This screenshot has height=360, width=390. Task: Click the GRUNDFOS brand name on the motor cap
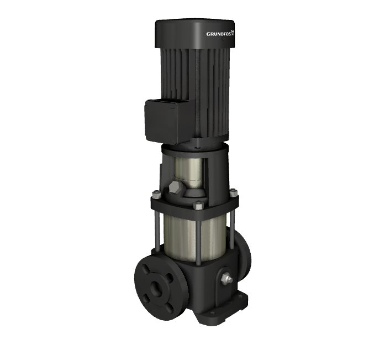coord(219,34)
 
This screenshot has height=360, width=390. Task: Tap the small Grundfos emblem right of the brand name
coord(233,33)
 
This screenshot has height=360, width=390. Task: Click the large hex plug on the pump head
coord(175,187)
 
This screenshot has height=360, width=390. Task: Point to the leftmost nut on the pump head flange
coord(156,194)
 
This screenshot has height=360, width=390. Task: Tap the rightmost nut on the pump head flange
coord(233,192)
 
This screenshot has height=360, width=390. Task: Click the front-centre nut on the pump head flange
coord(198,205)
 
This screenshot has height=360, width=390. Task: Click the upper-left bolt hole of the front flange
coord(146,269)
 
